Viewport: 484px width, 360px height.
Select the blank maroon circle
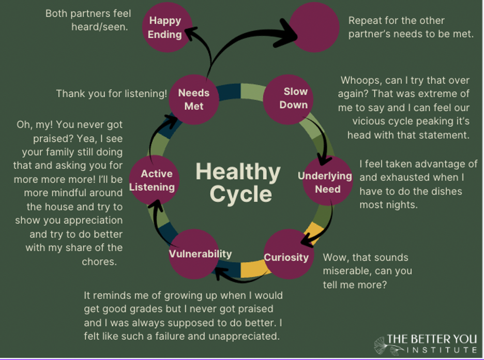pos(314,27)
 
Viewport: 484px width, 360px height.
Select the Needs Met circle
pos(193,99)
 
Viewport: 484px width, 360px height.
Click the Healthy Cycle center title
pos(238,182)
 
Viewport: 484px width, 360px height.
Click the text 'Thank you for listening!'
pos(111,94)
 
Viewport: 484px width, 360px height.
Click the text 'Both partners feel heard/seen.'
pos(88,20)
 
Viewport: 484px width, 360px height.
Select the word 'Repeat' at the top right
pos(366,21)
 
